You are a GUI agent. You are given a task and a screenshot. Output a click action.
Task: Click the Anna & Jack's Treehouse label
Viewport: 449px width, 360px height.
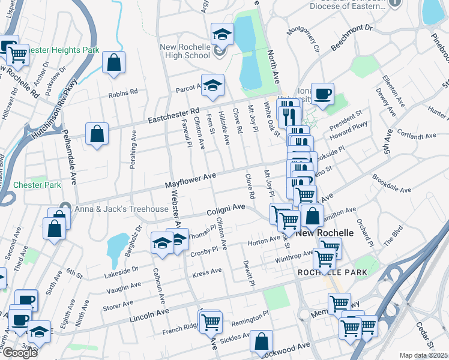(121, 208)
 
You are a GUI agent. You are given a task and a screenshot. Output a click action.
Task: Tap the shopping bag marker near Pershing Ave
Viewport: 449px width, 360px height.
(97, 134)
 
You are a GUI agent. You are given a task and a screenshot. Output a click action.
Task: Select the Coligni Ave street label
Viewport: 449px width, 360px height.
(227, 208)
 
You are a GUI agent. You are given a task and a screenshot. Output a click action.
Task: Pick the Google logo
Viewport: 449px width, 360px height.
(19, 353)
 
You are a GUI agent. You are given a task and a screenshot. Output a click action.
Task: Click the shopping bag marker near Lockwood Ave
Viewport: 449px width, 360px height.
(262, 342)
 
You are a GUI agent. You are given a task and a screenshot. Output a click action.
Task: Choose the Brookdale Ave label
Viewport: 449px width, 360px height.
(391, 188)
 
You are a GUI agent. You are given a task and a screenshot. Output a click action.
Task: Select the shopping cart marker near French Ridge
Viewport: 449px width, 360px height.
(211, 322)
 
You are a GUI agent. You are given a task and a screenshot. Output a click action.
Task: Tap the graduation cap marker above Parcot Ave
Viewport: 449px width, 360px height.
(212, 86)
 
